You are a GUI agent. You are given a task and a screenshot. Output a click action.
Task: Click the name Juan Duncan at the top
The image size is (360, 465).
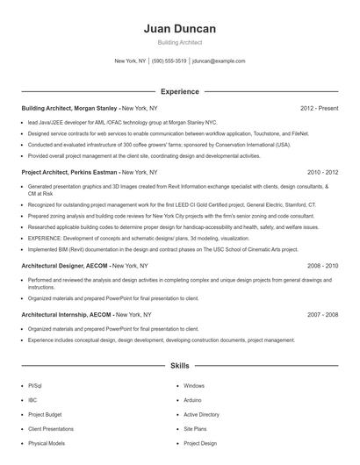179,29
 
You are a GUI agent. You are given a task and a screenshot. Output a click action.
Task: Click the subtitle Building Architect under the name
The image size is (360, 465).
179,43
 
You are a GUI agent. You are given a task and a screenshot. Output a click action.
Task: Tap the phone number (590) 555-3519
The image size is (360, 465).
169,61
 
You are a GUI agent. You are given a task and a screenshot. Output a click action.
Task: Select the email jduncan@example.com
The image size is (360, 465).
219,61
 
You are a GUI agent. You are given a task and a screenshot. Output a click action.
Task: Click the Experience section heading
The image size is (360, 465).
179,91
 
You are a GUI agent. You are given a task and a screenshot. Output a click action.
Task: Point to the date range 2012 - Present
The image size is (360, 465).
319,108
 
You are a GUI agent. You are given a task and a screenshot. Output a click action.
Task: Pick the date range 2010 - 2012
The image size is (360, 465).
322,173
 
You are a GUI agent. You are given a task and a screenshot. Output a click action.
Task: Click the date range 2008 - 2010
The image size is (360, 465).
322,265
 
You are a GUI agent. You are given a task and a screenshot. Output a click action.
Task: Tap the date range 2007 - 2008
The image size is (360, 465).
322,314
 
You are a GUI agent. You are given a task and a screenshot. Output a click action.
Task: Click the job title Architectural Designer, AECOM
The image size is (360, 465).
66,265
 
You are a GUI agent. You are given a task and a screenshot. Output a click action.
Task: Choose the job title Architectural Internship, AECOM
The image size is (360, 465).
68,314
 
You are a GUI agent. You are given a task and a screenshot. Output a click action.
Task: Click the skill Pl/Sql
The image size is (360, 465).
34,385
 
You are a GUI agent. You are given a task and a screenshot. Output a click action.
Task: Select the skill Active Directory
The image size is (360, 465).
201,414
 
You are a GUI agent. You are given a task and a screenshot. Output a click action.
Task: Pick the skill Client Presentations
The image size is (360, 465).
51,429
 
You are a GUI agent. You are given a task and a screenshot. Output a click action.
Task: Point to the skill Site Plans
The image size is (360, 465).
195,429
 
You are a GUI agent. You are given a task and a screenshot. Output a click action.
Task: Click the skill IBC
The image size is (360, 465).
32,399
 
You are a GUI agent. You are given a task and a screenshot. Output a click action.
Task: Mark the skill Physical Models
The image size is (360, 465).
46,443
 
